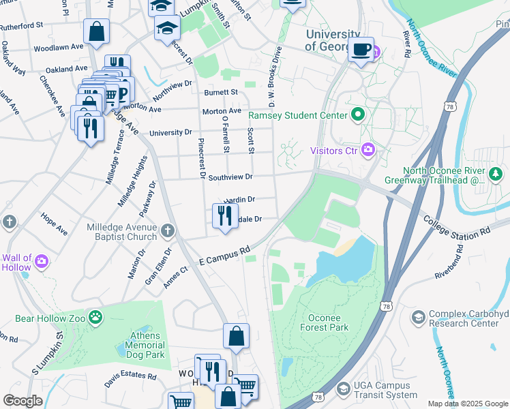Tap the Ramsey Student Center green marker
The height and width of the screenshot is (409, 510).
(356, 115)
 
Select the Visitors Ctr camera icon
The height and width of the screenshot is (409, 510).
(368, 149)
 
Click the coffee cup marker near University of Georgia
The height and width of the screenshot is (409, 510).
(361, 49)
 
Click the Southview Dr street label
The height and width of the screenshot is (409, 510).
(230, 177)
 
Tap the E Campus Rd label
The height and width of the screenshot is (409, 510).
(224, 257)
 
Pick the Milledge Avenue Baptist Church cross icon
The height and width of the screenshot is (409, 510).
(168, 230)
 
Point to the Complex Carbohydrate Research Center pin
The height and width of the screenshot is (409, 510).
(418, 318)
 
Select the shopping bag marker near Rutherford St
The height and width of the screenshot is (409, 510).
(96, 31)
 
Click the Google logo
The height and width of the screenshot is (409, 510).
(22, 401)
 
